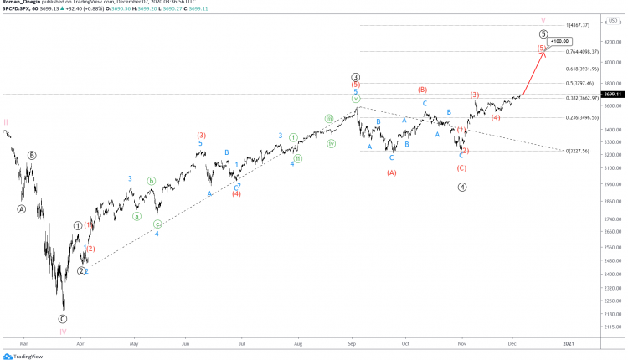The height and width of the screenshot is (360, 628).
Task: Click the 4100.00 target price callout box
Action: [x=559, y=40]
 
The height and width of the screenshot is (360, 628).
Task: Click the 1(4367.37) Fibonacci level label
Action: [x=579, y=26]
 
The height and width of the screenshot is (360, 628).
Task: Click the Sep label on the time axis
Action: [x=353, y=342]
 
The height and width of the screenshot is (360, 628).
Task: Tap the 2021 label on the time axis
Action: [x=569, y=342]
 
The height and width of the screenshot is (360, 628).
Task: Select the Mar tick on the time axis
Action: [x=24, y=342]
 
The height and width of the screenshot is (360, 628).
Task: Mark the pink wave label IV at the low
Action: [x=63, y=332]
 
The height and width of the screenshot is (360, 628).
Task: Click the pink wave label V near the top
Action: [x=543, y=19]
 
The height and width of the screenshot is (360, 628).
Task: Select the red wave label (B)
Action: [x=423, y=89]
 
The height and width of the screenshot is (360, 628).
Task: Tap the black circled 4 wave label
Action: [x=462, y=187]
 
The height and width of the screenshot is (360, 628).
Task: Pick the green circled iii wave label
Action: [x=329, y=119]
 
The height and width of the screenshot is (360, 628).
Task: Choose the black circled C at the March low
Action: [x=63, y=319]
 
